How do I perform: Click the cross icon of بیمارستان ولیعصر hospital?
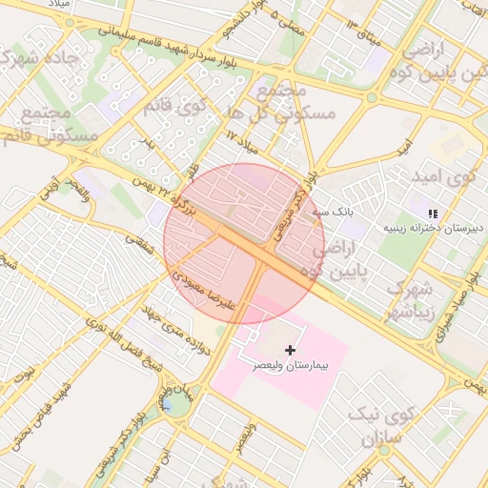point(291,351)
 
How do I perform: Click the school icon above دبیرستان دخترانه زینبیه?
point(432,213)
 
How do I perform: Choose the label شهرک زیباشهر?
point(410,299)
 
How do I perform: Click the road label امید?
point(404,145)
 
